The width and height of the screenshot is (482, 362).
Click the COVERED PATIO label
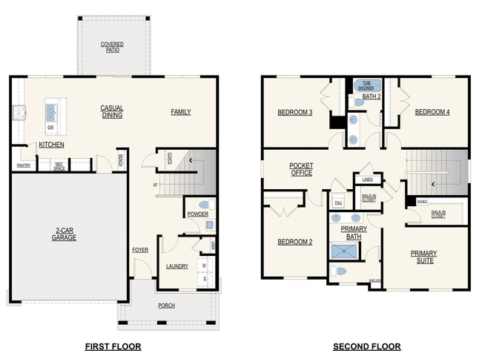(x=112, y=47)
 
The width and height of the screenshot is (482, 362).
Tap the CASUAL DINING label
(x=112, y=112)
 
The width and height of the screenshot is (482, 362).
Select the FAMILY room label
(x=180, y=112)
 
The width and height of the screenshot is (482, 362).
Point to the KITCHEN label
(x=51, y=145)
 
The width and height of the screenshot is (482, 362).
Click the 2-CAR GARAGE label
(x=65, y=234)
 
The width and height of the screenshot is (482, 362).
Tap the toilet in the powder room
(x=203, y=204)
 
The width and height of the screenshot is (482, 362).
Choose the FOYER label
(x=140, y=250)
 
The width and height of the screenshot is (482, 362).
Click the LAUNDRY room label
(x=176, y=266)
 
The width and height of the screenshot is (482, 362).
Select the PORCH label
(x=167, y=306)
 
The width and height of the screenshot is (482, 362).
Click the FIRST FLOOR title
(x=113, y=346)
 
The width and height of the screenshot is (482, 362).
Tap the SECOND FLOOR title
(x=366, y=346)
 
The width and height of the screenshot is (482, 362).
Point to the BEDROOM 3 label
(x=295, y=112)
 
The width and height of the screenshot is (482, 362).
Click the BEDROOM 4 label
(x=432, y=112)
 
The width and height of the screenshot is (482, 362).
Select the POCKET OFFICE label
(x=300, y=169)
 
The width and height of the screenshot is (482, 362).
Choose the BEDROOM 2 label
(x=295, y=242)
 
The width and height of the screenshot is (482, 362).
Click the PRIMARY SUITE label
(x=423, y=257)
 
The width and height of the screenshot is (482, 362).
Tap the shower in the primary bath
(x=344, y=251)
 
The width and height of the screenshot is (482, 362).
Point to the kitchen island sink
(x=52, y=113)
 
